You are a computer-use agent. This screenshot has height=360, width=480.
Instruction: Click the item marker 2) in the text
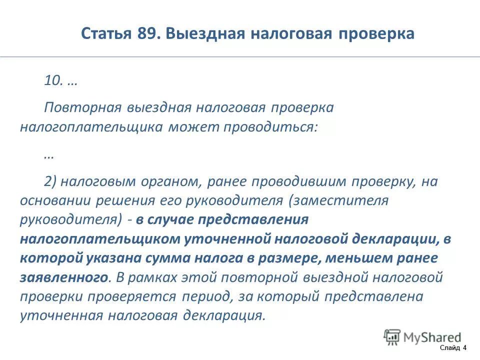(x=50, y=181)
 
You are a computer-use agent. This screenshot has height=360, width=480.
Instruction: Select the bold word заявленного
(x=64, y=276)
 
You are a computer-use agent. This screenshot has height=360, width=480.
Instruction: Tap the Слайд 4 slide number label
(x=453, y=348)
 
